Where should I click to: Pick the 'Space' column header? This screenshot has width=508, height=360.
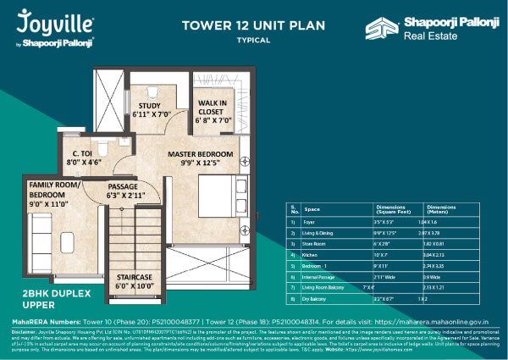point(312,207)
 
